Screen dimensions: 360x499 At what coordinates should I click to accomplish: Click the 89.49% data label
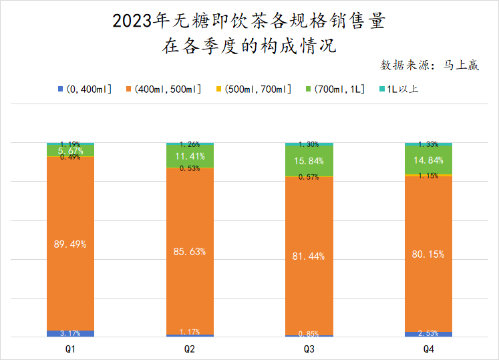pos(70,244)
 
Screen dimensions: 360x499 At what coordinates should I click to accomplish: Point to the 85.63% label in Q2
pos(190,252)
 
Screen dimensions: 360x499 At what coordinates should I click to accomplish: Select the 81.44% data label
pos(309,256)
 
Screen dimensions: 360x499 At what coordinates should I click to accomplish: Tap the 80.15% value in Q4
pos(428,254)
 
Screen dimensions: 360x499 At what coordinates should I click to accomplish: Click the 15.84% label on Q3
pos(309,161)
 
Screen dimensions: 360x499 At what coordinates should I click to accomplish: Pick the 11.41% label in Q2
pos(190,157)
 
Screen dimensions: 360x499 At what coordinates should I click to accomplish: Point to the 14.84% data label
pos(428,160)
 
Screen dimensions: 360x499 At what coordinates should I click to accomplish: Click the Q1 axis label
pos(70,349)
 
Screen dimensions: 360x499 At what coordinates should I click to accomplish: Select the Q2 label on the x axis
pos(190,349)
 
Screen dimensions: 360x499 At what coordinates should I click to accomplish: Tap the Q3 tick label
pos(309,349)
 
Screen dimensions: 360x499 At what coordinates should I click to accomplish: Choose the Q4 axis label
pos(428,349)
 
